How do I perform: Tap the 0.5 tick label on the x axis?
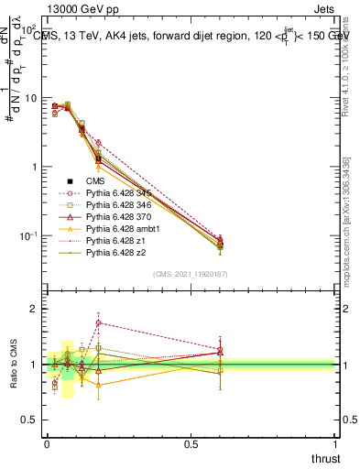click(191, 442)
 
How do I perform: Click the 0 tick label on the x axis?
click(47, 442)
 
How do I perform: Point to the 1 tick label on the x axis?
click(334, 442)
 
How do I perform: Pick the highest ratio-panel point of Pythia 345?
click(98, 322)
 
